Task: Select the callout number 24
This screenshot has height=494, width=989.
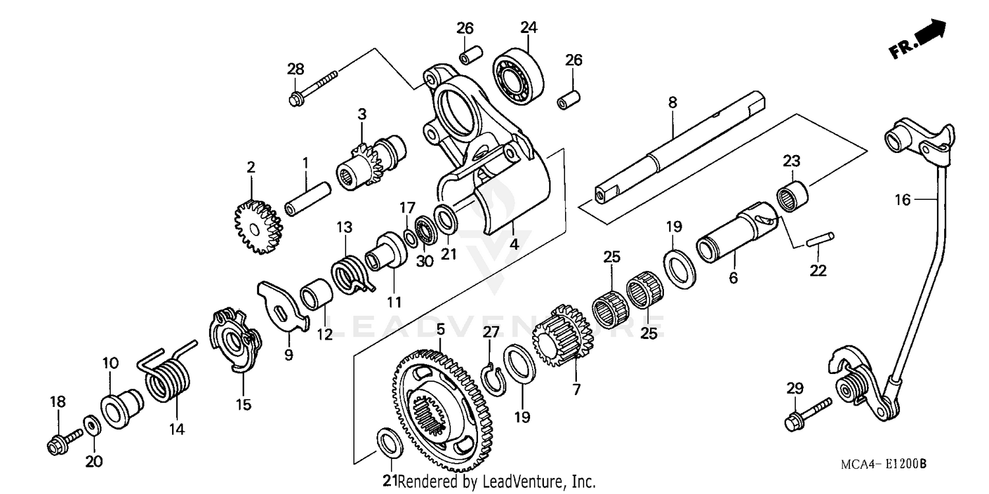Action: point(529,27)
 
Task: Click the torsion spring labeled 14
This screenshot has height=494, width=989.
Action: point(168,374)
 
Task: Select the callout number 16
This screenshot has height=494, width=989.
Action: point(902,199)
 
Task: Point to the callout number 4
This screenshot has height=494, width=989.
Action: point(514,243)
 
